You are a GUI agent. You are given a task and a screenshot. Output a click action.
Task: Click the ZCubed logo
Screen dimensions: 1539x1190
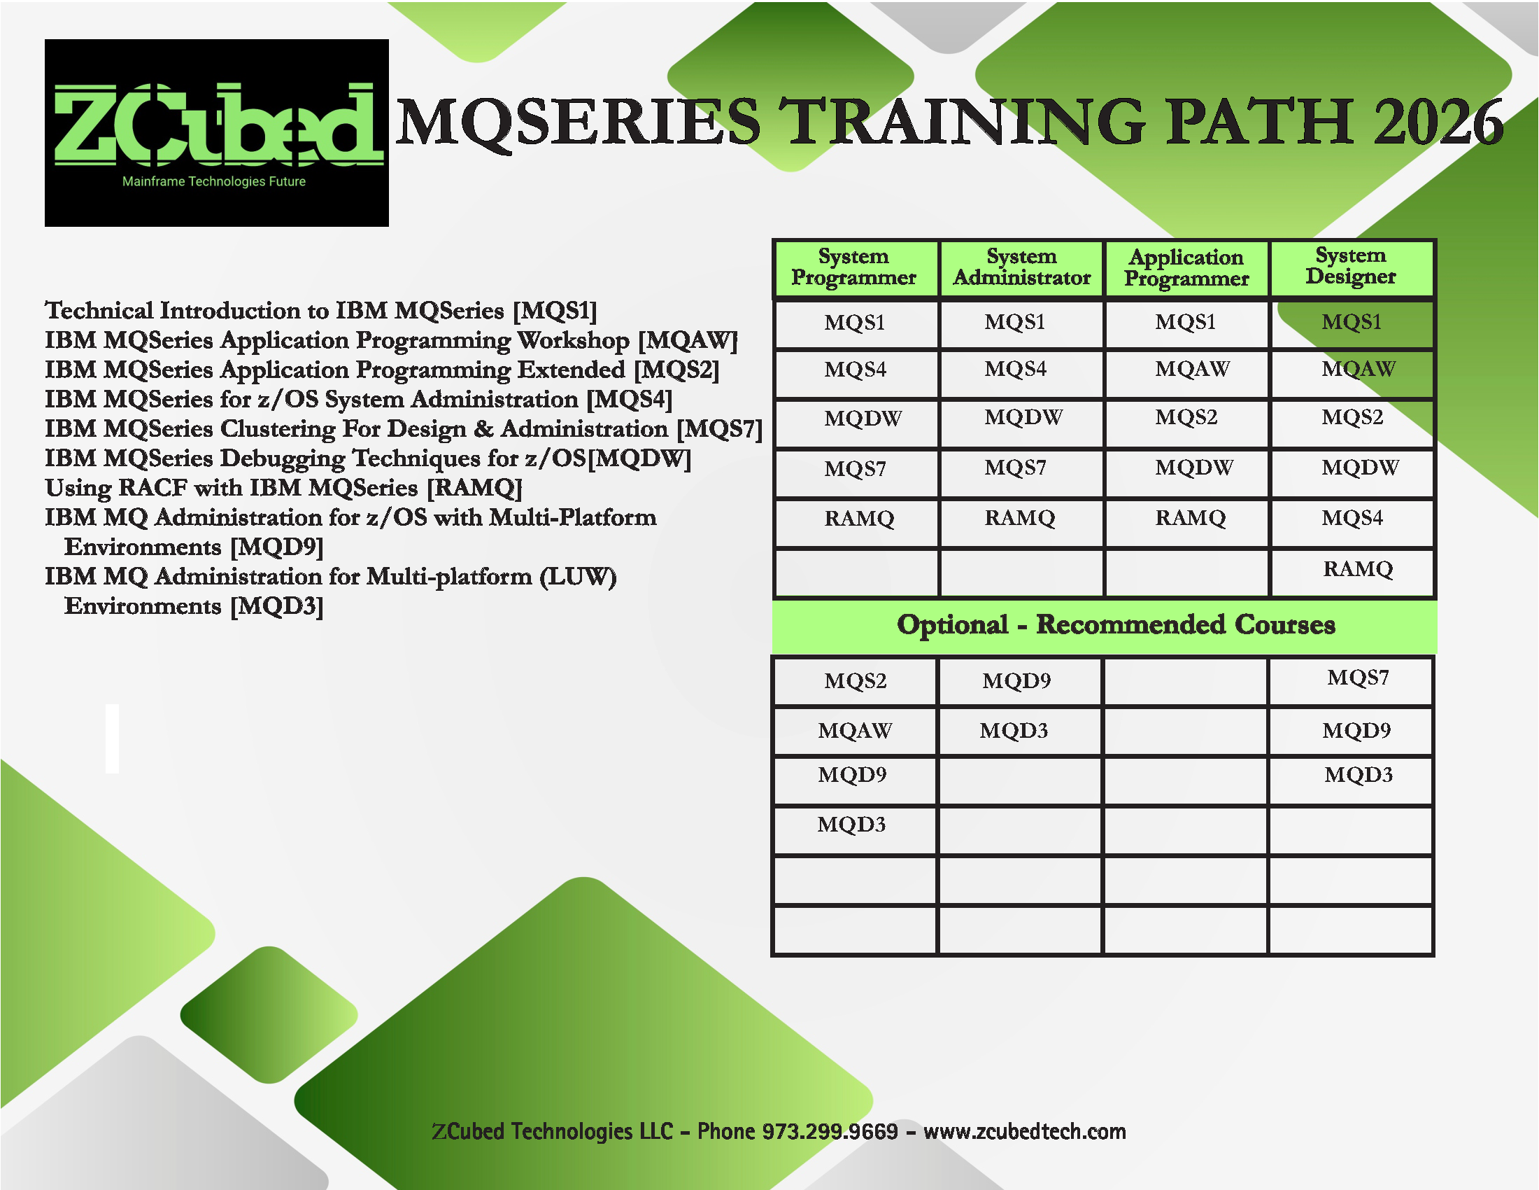click(x=216, y=132)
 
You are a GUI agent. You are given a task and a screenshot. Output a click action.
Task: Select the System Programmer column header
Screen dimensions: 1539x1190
click(x=854, y=267)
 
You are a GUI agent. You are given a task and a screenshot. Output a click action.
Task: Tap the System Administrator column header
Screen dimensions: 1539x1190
click(x=1022, y=267)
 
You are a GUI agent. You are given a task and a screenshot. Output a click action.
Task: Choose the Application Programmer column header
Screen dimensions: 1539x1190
click(x=1186, y=268)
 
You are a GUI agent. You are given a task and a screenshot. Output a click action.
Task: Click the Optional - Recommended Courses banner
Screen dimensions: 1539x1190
click(x=1116, y=625)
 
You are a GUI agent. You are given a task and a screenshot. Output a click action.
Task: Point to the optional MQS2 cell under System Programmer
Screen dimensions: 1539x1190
click(x=856, y=681)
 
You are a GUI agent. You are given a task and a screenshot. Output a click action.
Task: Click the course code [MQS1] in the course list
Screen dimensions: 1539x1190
click(x=555, y=311)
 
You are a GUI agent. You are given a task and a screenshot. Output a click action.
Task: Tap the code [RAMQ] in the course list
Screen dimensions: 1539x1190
click(x=474, y=489)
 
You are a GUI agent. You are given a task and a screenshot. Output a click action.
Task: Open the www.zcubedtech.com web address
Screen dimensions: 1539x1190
click(x=1025, y=1131)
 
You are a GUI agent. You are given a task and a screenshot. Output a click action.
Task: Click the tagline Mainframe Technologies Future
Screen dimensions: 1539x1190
click(x=214, y=181)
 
